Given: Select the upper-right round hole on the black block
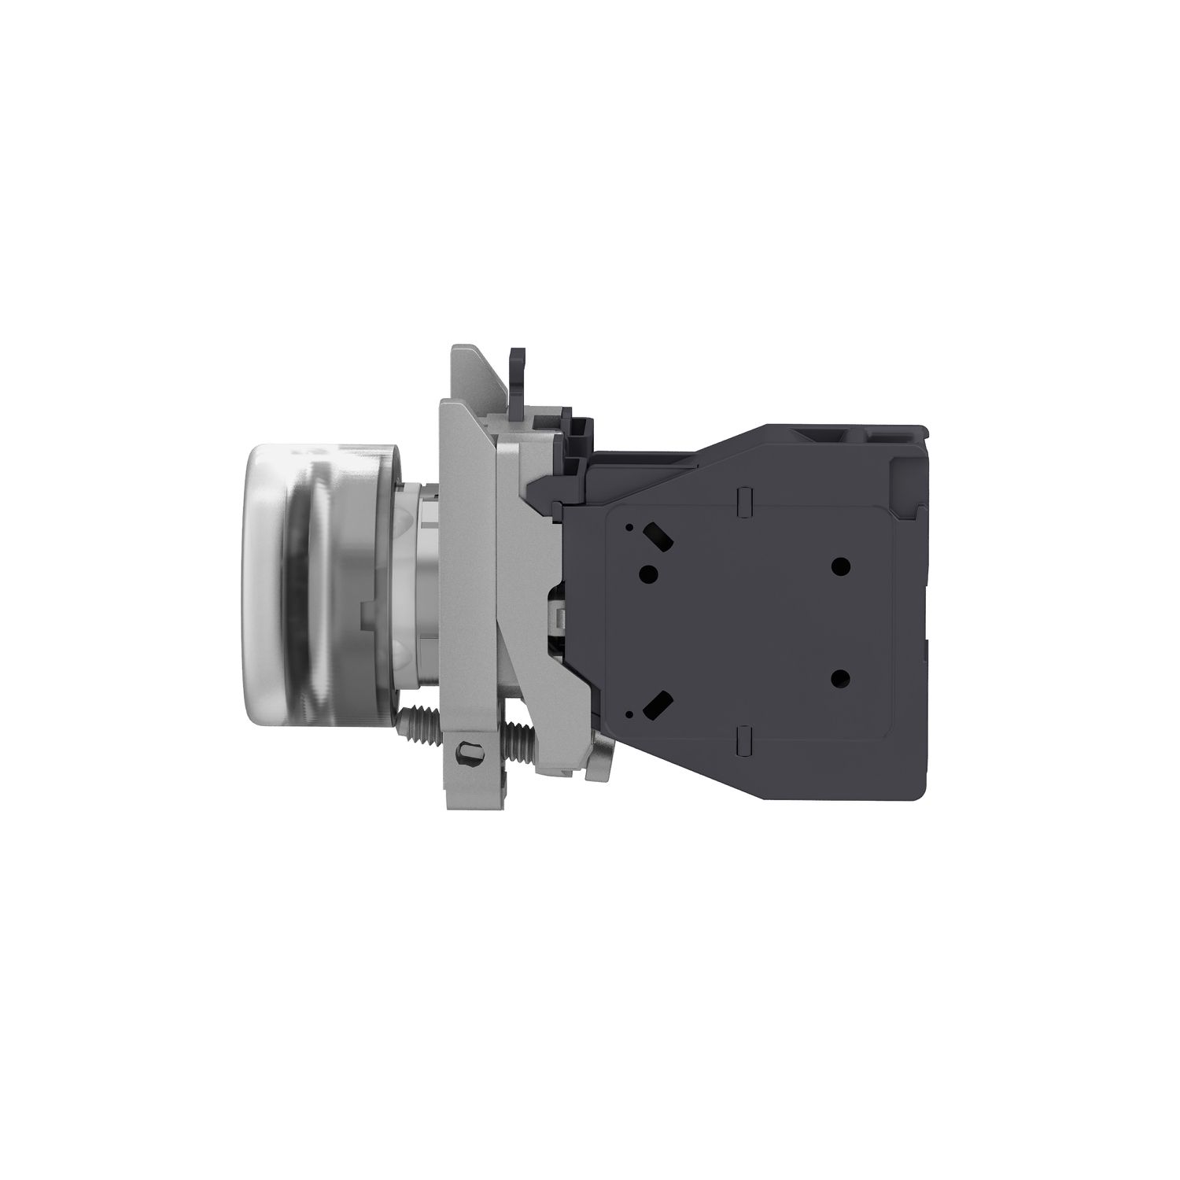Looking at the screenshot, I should tap(841, 564).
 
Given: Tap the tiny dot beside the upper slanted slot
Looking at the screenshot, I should tap(629, 529).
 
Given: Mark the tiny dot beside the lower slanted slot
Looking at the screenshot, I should tap(629, 713).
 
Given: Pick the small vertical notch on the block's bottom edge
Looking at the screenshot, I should tap(743, 739).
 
